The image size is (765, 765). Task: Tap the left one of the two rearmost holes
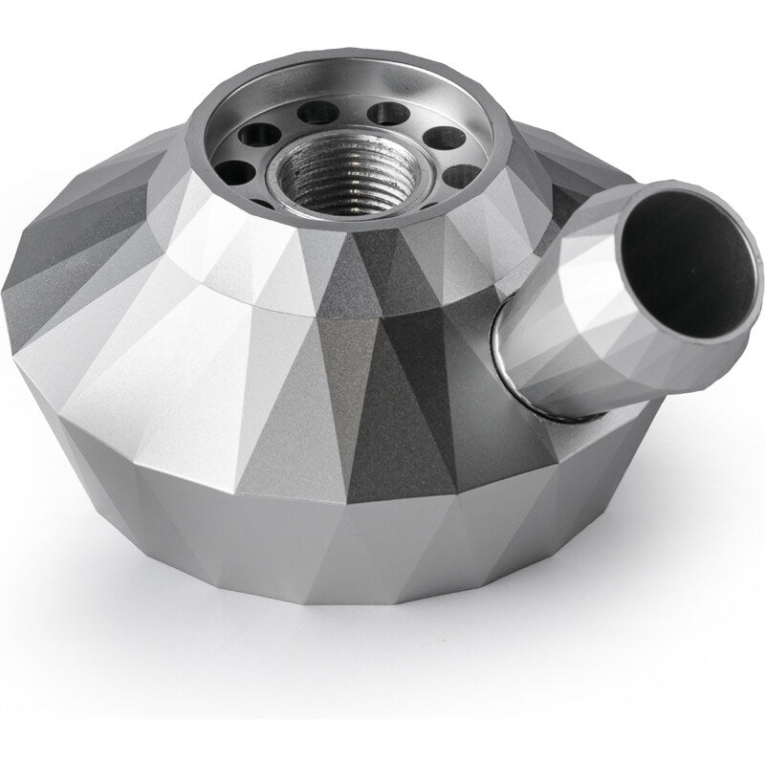click(318, 114)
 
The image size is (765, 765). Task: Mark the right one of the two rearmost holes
click(387, 114)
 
